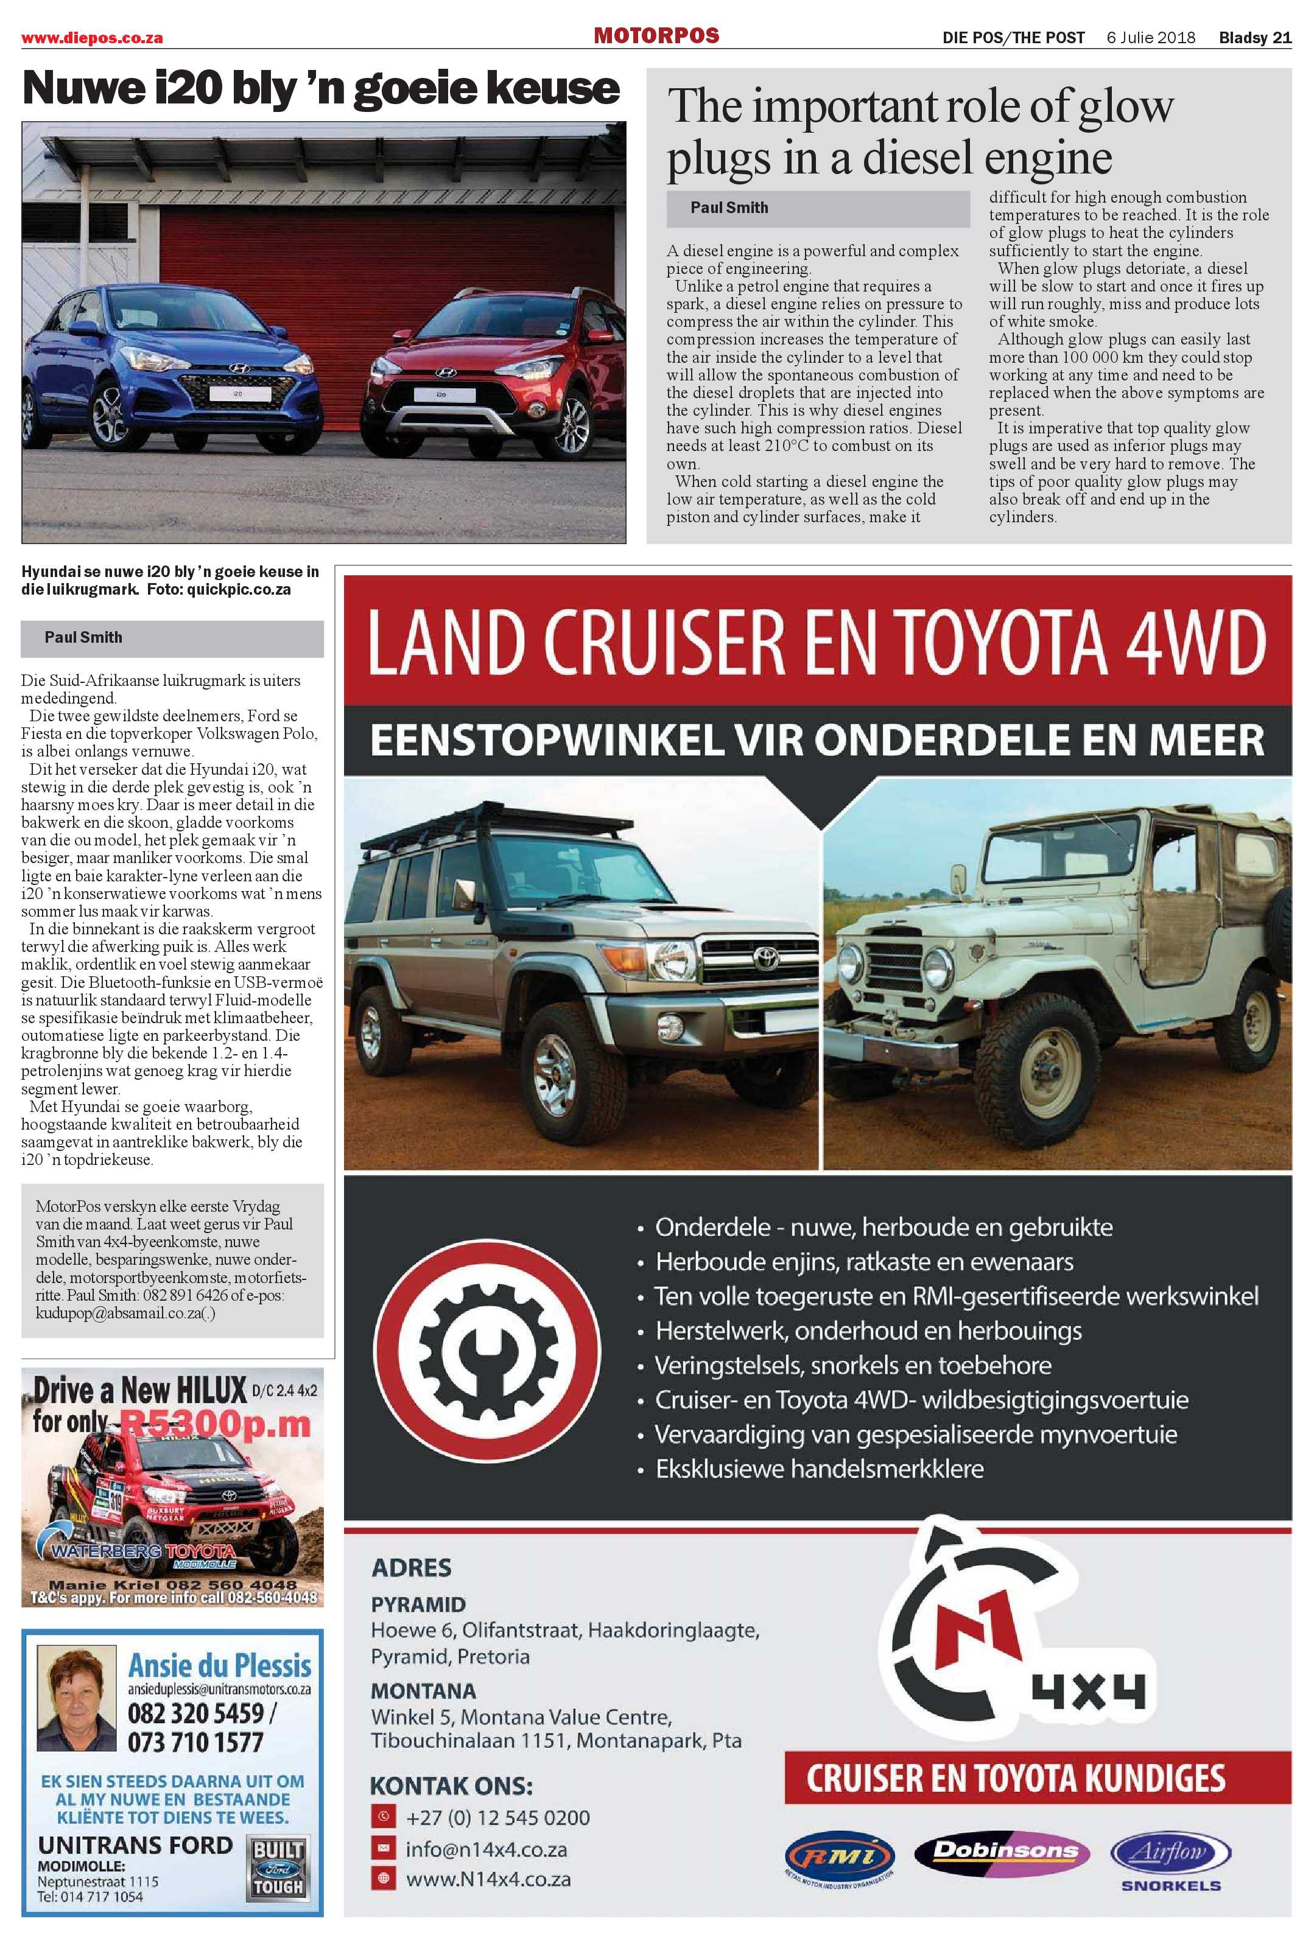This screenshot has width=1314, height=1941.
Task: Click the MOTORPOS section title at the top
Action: pos(656,35)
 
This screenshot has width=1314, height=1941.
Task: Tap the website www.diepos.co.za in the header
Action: pos(92,38)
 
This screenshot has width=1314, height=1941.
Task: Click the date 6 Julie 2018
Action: pos(1150,38)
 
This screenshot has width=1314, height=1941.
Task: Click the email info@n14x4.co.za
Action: pos(486,1849)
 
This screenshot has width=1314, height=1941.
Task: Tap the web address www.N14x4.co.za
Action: pos(488,1879)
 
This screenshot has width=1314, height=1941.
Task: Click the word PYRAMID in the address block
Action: pos(418,1604)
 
